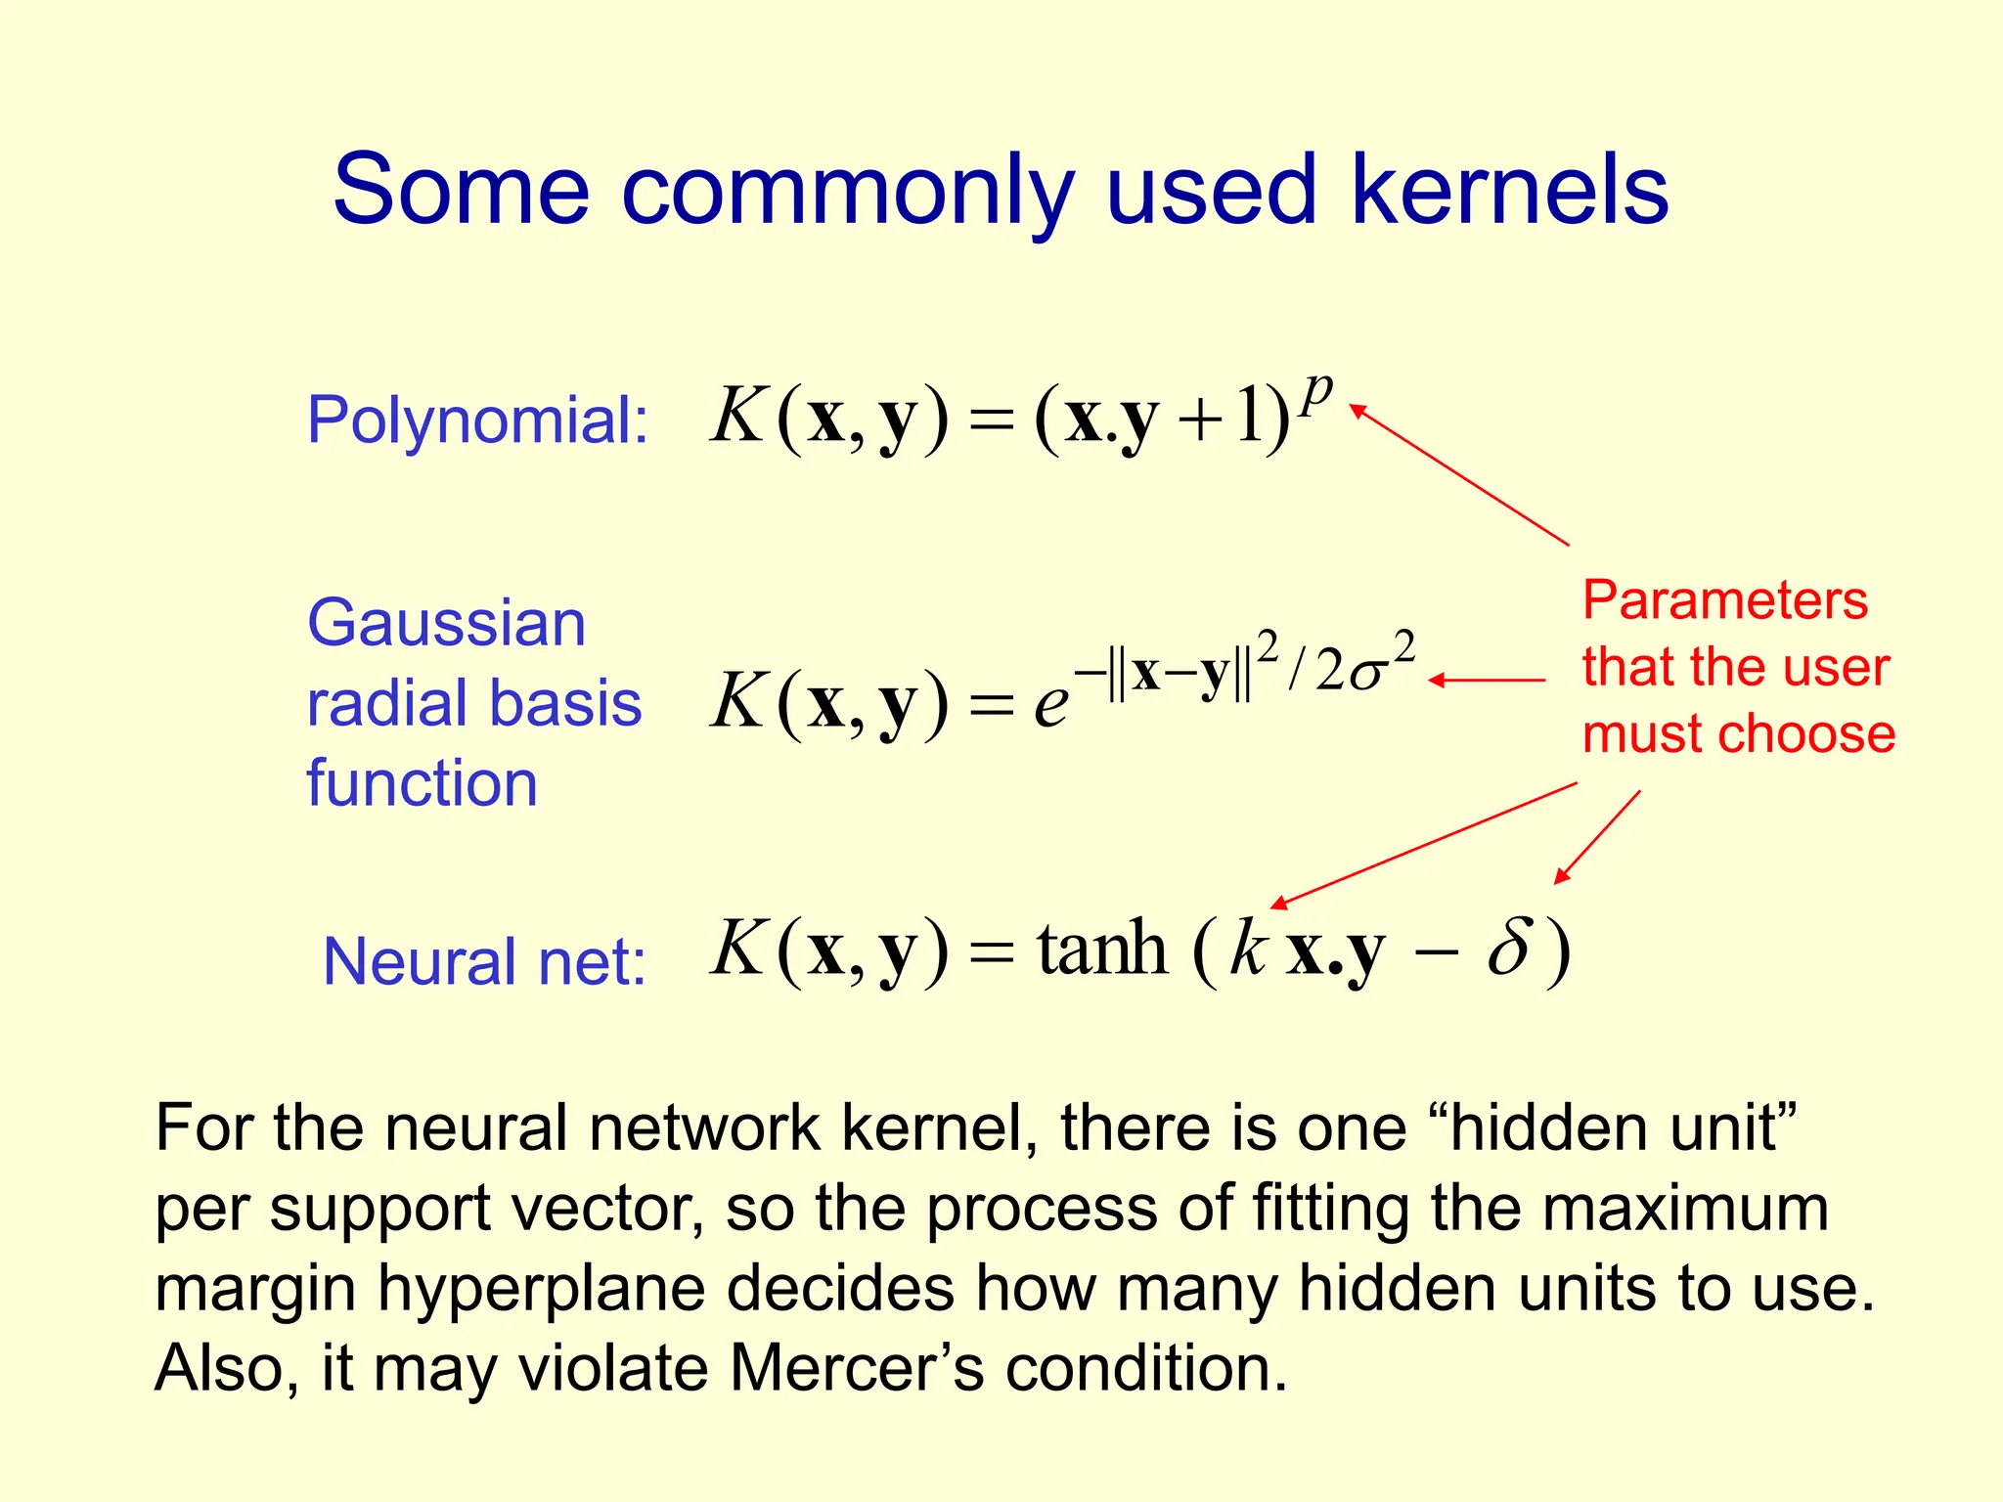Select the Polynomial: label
click(477, 420)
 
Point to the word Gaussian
click(446, 623)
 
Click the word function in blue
click(422, 783)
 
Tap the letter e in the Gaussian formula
click(1050, 704)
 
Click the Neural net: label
click(484, 961)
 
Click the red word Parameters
click(1724, 599)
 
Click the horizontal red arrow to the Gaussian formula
click(1487, 680)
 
